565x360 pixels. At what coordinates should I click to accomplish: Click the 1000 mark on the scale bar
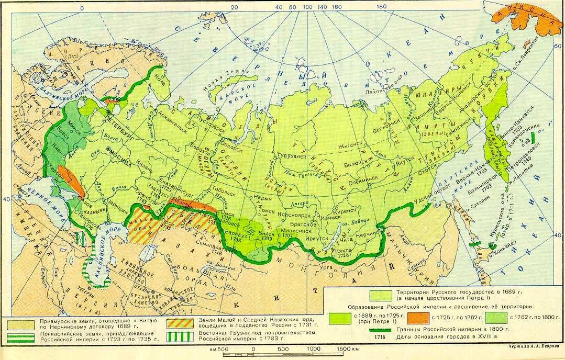(313, 349)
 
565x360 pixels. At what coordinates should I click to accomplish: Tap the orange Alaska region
(524, 21)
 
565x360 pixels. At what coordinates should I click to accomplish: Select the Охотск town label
(426, 171)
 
